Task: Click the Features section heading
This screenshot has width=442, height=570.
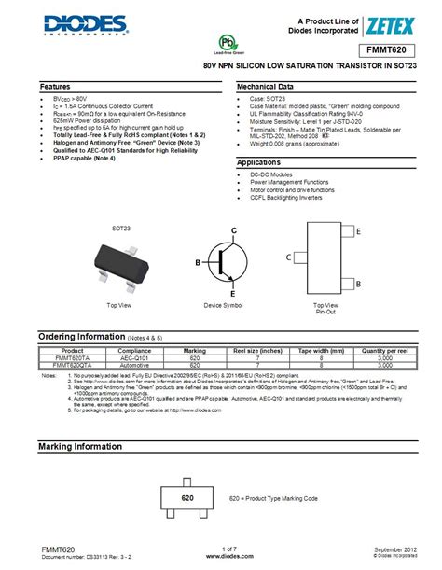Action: coord(55,86)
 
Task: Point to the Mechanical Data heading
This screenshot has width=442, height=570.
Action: coord(266,86)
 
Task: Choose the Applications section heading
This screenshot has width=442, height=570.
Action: coord(259,162)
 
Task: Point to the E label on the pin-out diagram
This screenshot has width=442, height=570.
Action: coord(359,231)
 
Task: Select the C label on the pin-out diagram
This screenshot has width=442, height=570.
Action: coord(289,257)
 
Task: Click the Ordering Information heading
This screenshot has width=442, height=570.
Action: coord(85,336)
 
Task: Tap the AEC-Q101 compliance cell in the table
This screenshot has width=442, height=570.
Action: coord(135,357)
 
